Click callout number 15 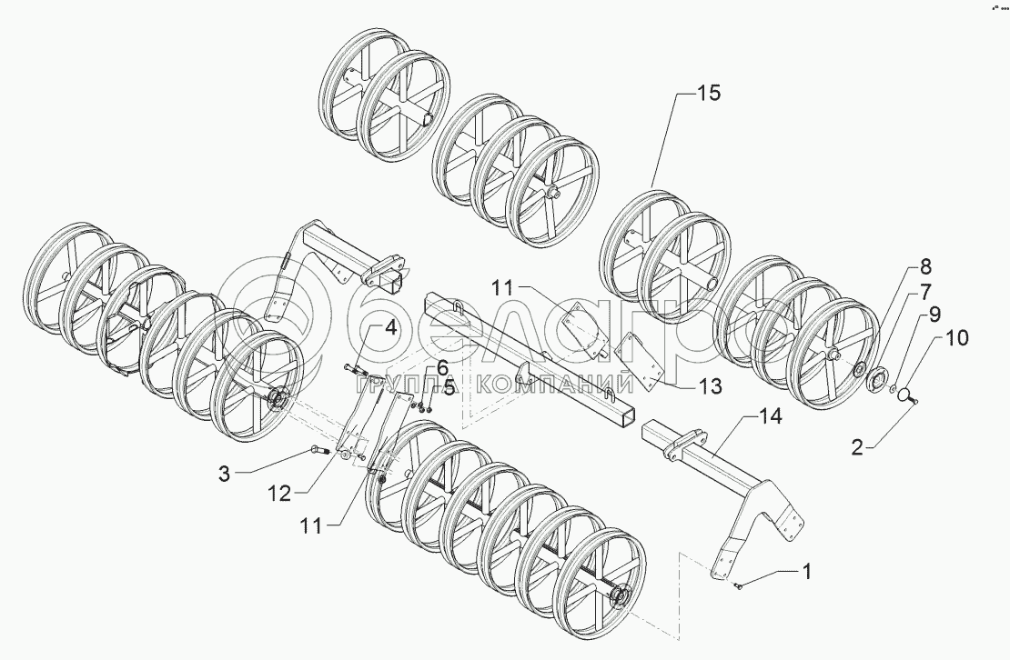pos(709,94)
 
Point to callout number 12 pos(279,494)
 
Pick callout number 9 pos(934,315)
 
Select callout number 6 pos(442,368)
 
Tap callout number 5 pos(449,387)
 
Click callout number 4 pos(390,329)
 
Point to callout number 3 pos(224,475)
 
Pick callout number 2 pos(857,447)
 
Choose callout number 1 pos(806,571)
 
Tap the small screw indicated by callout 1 pos(738,585)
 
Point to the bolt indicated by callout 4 pos(355,369)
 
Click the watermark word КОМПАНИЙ pos(555,385)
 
